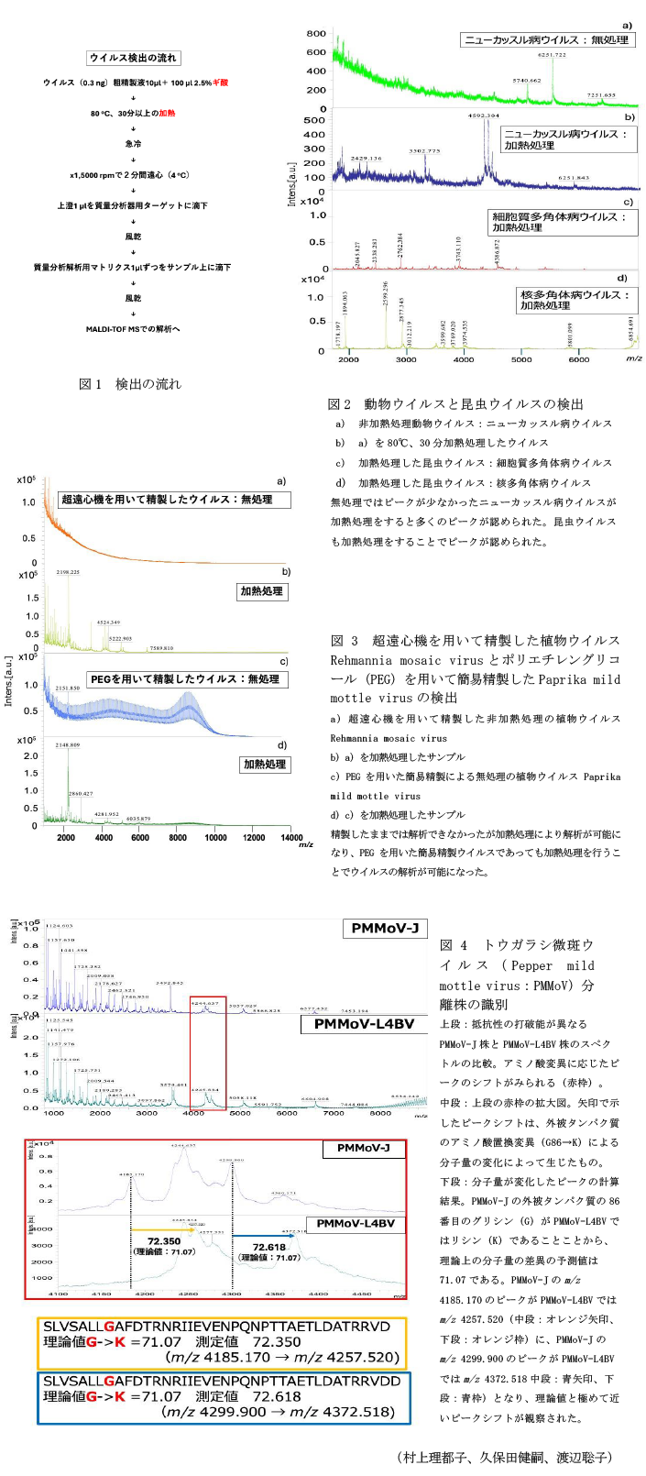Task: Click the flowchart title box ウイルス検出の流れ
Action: pyautogui.click(x=134, y=58)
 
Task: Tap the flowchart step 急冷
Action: pyautogui.click(x=134, y=144)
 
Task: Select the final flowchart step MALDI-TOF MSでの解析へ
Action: pyautogui.click(x=134, y=329)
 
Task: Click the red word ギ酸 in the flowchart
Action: pyautogui.click(x=220, y=83)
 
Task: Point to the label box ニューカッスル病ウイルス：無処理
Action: pyautogui.click(x=546, y=40)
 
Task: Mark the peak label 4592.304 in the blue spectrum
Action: pyautogui.click(x=484, y=116)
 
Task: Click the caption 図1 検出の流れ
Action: pyautogui.click(x=130, y=384)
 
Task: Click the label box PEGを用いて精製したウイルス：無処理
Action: pyautogui.click(x=185, y=679)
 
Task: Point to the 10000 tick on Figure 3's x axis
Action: pyautogui.click(x=215, y=837)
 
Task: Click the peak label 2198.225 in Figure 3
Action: pyautogui.click(x=68, y=572)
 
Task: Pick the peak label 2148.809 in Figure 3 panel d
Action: pyautogui.click(x=68, y=745)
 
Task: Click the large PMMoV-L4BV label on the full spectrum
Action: pyautogui.click(x=364, y=1023)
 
